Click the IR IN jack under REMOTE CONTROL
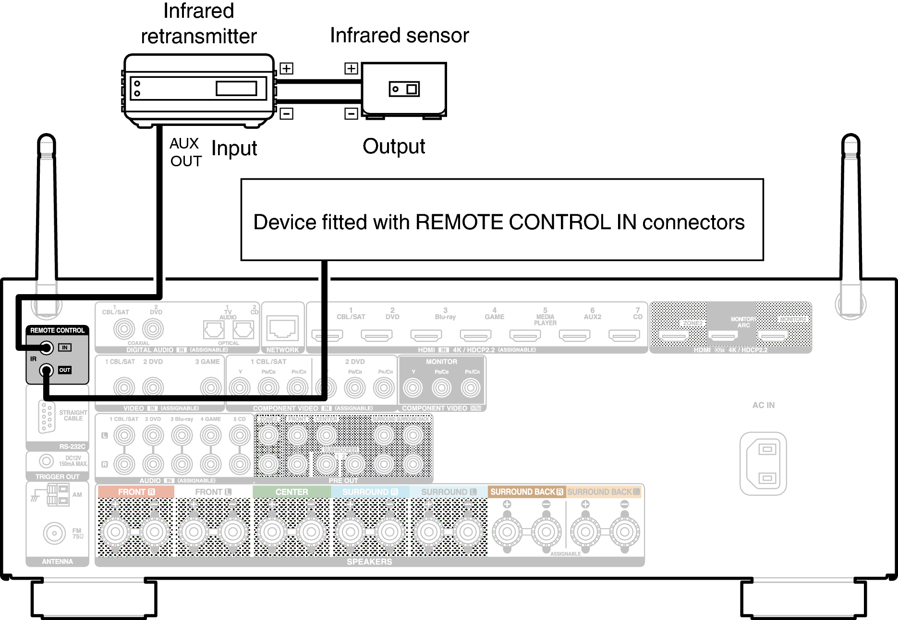[46, 347]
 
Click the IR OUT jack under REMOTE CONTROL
[46, 370]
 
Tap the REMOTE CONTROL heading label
[57, 331]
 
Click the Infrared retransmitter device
[199, 89]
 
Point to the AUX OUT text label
[185, 152]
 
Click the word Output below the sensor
[394, 147]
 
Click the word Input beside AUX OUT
[234, 149]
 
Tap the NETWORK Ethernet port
[282, 329]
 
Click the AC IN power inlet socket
[763, 464]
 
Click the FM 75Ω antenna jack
[54, 533]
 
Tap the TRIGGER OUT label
[57, 477]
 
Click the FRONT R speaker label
[136, 492]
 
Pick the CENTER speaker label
[291, 492]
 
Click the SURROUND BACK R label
[526, 492]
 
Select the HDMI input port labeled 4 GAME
[475, 335]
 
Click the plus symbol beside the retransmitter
[286, 68]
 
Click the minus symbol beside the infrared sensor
[351, 114]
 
